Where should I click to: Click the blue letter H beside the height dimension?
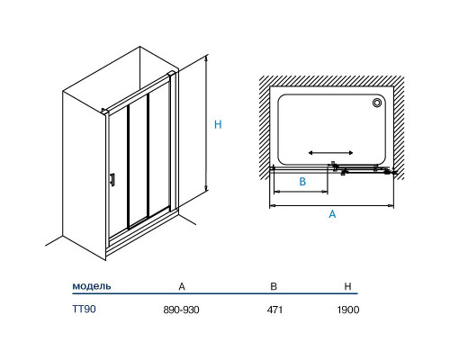(x=218, y=124)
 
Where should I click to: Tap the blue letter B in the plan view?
(x=302, y=182)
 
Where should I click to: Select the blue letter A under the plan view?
(x=332, y=214)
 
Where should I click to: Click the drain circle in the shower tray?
(x=377, y=103)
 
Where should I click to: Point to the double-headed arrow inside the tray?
(x=331, y=153)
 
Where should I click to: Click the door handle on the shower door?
(x=112, y=180)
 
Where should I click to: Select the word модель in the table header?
(x=92, y=286)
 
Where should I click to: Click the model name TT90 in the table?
(x=84, y=309)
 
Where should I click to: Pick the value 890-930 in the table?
(x=181, y=310)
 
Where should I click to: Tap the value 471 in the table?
(x=274, y=310)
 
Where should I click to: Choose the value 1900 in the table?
(x=348, y=310)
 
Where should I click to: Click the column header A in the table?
(x=182, y=286)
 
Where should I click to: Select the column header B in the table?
(x=274, y=286)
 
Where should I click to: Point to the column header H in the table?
(x=347, y=286)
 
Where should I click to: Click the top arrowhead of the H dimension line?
(x=206, y=58)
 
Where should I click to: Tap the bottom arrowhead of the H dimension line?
(x=206, y=188)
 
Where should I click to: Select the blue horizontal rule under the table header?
(x=215, y=293)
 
